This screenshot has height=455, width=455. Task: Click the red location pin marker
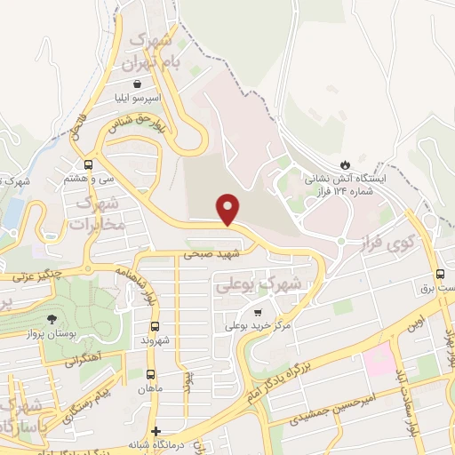click(x=228, y=209)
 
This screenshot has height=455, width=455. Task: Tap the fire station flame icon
click(x=345, y=165)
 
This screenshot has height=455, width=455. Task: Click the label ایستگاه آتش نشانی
click(x=352, y=180)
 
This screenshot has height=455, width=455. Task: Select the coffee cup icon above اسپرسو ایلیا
click(x=136, y=83)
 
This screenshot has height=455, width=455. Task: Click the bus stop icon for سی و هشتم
click(x=88, y=164)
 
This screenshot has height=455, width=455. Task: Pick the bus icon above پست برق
click(x=441, y=275)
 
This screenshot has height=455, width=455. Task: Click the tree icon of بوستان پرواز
click(x=55, y=318)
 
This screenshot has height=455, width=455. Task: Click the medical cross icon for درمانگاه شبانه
click(x=156, y=430)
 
